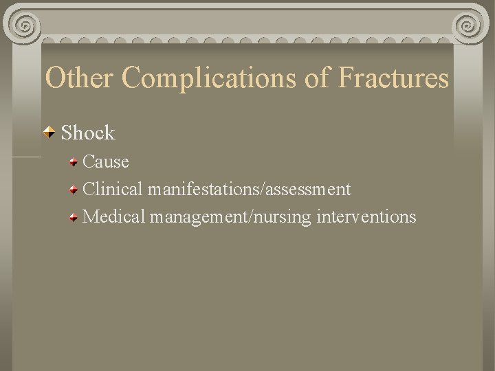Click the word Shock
point(88,132)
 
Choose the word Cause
point(105,161)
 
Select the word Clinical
point(113,189)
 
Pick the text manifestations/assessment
point(249,189)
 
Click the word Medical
point(114,216)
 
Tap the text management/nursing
point(231,217)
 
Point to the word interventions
point(366,216)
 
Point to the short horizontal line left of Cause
point(27,157)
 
